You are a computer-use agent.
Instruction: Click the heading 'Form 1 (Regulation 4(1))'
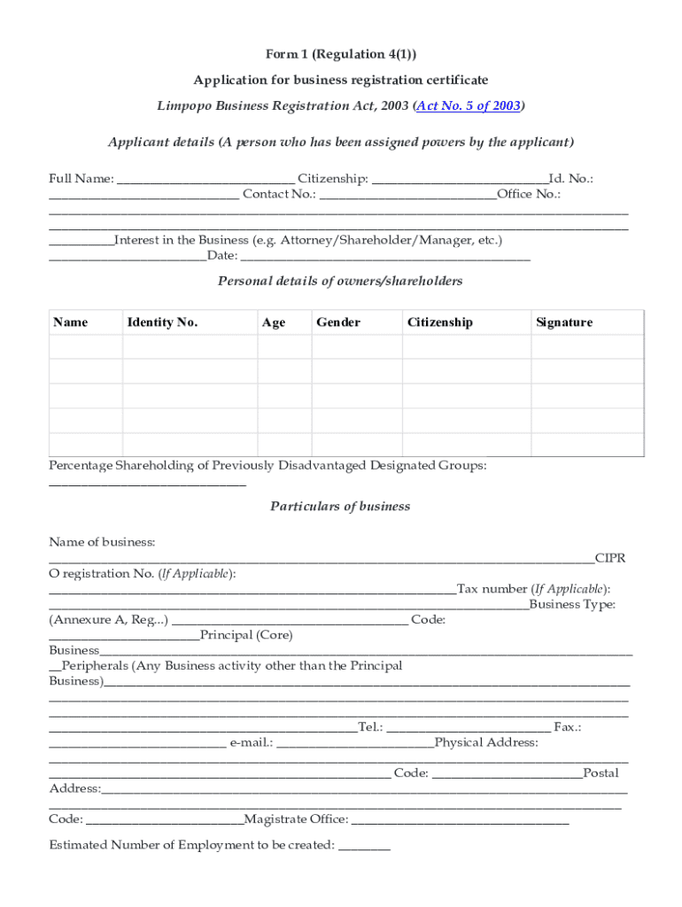click(341, 54)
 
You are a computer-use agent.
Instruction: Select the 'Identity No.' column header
click(162, 322)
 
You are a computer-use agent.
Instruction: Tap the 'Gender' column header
click(338, 322)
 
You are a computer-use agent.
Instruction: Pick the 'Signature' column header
click(564, 322)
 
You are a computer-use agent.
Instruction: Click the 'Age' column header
click(274, 322)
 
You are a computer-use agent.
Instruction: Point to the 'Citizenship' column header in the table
click(440, 322)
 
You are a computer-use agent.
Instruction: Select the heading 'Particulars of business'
click(340, 507)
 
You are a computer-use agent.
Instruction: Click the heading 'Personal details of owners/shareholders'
click(340, 281)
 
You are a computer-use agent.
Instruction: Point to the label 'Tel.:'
click(370, 727)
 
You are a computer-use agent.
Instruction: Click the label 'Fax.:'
click(567, 727)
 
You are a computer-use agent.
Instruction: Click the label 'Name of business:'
click(102, 542)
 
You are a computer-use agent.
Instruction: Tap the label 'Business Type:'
click(572, 605)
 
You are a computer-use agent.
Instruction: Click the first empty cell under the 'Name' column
click(85, 346)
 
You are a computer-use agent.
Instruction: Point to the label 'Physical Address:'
click(486, 742)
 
